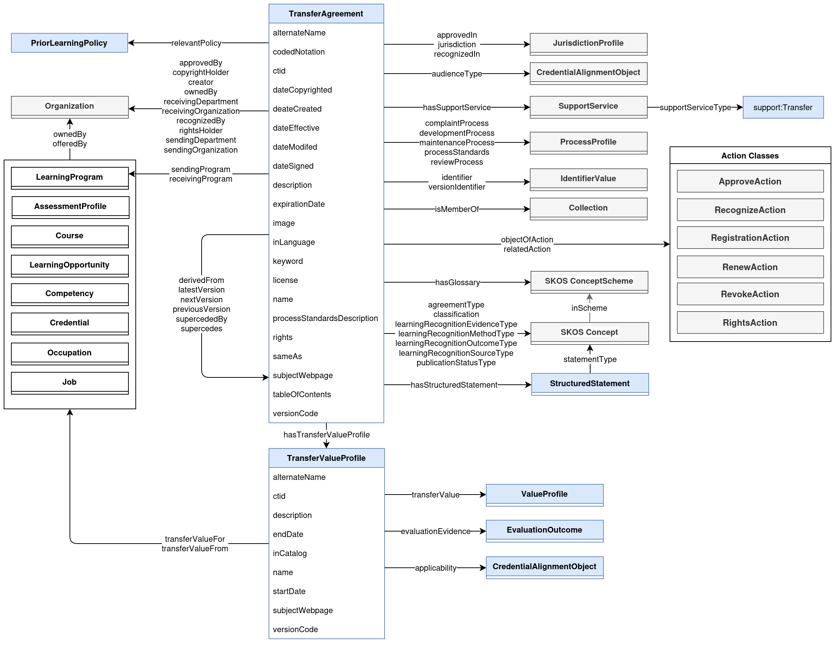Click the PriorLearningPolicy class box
coord(69,43)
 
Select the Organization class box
coord(70,107)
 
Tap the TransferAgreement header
coord(326,14)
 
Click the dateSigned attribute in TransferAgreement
coord(293,166)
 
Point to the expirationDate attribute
coord(299,204)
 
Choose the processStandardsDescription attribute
coord(325,318)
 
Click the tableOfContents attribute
coord(302,394)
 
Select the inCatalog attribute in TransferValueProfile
coord(290,553)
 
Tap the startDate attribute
coord(289,592)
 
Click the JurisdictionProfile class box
coord(588,43)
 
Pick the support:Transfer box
coord(783,108)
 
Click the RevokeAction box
coord(750,294)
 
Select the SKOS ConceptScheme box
coord(589,281)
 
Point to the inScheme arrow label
coord(589,308)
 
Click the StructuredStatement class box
coord(589,384)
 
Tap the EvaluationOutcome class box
coord(544,530)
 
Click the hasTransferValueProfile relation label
coord(326,435)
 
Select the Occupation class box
coord(70,353)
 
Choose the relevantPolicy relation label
coord(196,43)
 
